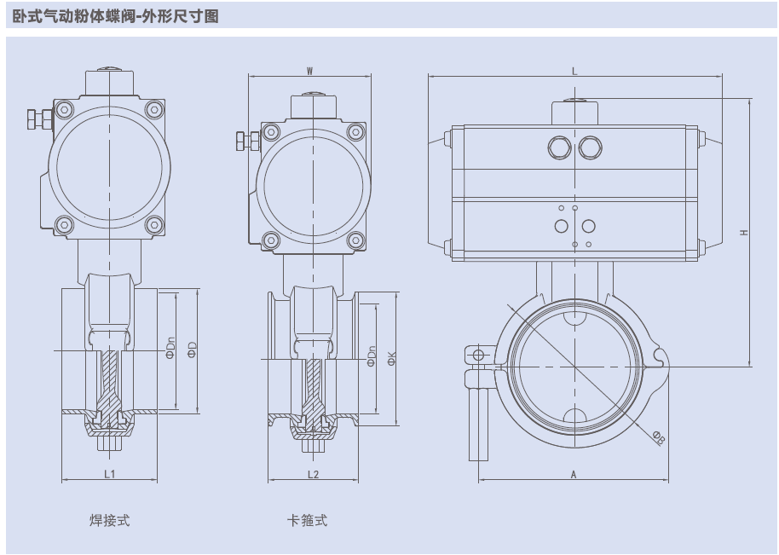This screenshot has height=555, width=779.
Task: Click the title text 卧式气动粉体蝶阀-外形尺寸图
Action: point(116,15)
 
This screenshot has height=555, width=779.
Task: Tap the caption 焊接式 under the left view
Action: point(110,520)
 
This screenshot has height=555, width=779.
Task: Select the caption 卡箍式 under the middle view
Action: point(308,520)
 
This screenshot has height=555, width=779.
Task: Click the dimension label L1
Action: point(110,474)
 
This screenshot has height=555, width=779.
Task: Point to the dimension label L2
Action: point(313,474)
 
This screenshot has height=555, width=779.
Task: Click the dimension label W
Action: point(309,71)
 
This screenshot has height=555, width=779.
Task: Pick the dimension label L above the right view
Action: point(574,72)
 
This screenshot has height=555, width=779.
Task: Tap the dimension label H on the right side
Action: point(744,232)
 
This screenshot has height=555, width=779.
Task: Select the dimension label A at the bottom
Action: point(574,475)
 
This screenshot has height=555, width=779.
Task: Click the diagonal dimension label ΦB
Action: point(659,437)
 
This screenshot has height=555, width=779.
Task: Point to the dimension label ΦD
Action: point(193,350)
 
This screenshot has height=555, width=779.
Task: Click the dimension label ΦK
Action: point(391,358)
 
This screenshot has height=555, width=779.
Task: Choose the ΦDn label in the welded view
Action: point(170,350)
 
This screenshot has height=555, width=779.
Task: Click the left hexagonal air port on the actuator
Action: point(559,148)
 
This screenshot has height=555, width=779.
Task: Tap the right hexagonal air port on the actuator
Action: point(588,148)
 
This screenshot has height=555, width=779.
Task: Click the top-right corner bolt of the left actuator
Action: point(153,108)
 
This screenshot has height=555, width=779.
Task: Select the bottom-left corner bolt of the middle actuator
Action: point(270,239)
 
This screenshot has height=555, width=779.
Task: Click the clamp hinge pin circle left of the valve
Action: point(478,355)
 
